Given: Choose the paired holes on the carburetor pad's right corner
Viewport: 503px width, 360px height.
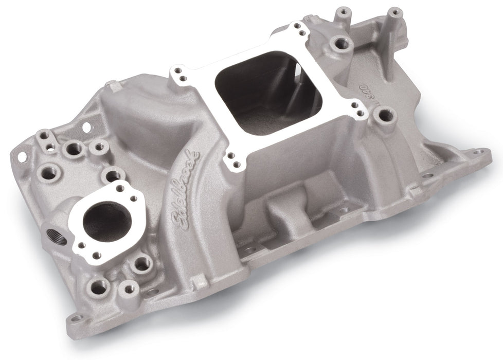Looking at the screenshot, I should pos(357,107).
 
